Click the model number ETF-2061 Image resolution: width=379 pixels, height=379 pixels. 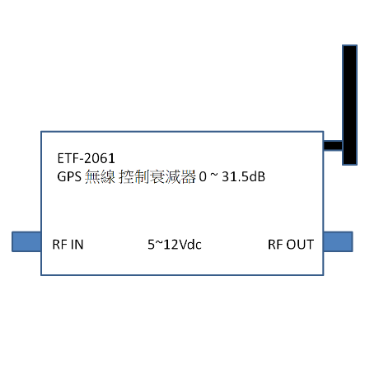86,158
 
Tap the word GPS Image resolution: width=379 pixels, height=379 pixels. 69,176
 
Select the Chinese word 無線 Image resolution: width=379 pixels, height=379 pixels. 100,176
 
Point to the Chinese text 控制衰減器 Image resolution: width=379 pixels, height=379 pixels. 157,176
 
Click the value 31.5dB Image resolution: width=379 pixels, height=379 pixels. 243,176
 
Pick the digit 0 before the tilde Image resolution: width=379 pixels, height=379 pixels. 203,176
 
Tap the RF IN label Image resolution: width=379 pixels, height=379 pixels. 68,245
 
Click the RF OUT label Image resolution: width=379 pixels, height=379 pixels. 291,245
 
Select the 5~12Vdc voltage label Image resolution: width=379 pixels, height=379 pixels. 175,245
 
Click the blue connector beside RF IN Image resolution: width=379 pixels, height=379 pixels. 26,241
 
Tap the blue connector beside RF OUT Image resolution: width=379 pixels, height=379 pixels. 338,241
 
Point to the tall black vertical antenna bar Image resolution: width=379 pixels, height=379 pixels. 349,105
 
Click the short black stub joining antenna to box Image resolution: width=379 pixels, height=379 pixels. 333,145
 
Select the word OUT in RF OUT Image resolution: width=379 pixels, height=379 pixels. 300,245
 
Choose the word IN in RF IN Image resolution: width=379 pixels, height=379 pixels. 77,245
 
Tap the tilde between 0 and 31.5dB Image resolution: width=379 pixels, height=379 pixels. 214,175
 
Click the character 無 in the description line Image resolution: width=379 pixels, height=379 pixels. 92,176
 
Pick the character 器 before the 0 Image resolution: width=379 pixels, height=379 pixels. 189,176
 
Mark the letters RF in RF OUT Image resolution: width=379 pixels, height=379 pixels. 275,245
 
